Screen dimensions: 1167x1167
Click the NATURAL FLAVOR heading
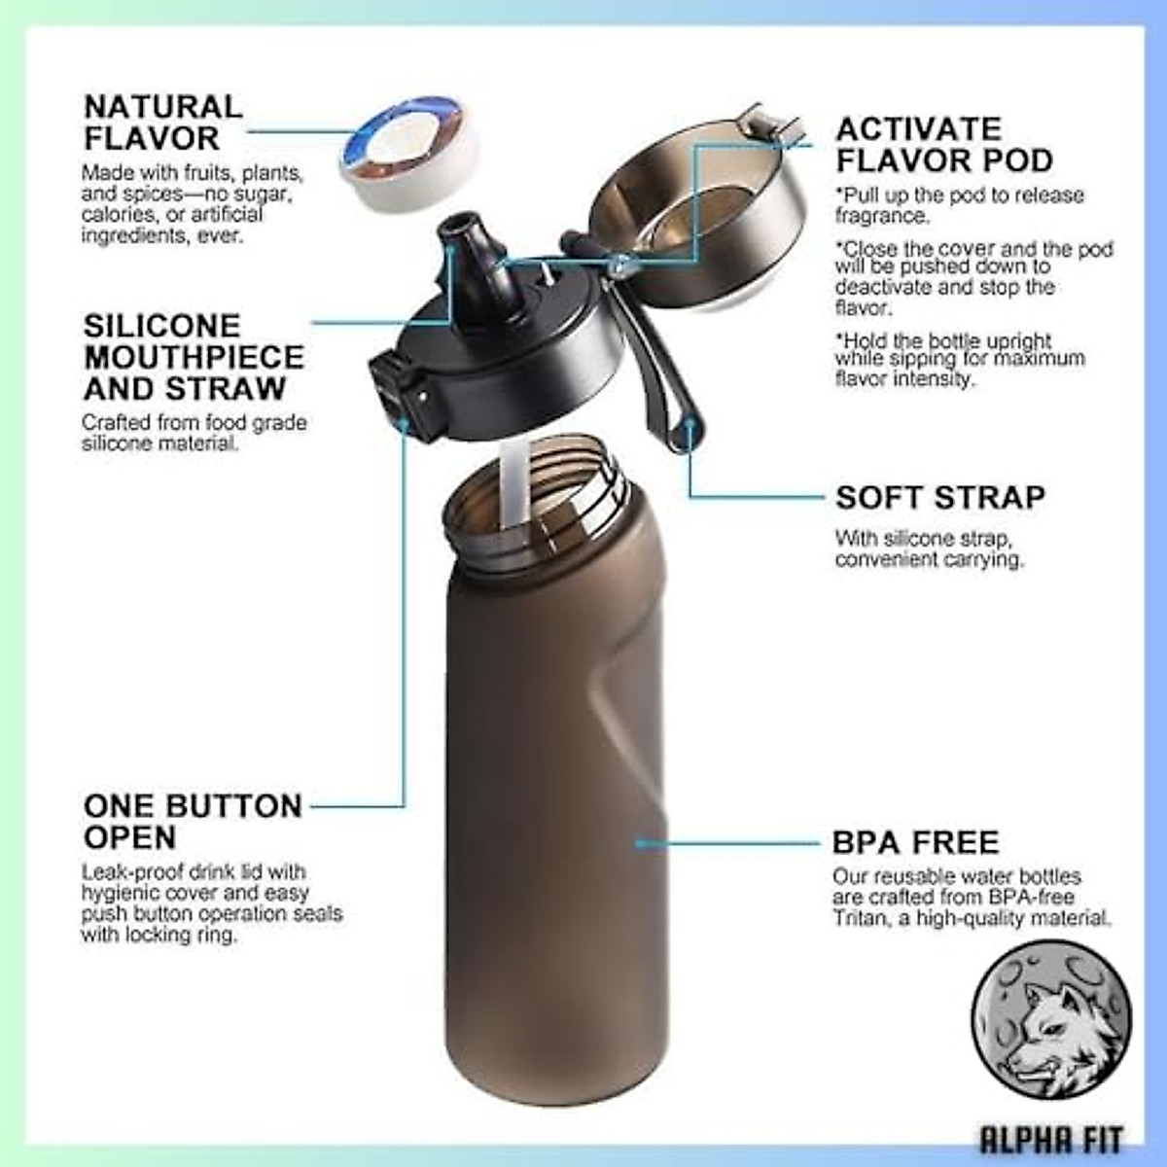163,122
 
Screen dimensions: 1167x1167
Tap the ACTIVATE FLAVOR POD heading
943,144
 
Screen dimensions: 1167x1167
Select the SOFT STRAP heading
940,497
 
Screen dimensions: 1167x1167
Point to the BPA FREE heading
915,841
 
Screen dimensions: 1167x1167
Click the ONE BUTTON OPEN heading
193,821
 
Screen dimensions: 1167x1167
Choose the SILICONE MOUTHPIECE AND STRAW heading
194,357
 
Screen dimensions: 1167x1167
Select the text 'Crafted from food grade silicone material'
194,433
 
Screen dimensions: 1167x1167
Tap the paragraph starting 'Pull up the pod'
958,205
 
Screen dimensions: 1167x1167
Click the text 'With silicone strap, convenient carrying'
929,548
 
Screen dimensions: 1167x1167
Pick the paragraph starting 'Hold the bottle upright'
958,360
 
